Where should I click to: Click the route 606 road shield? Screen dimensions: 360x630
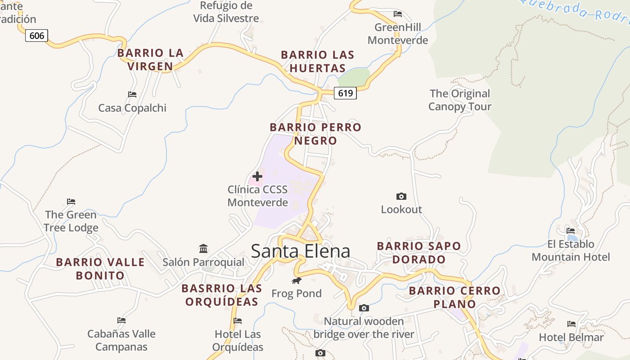[x=36, y=35]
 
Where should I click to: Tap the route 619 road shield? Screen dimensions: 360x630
[x=345, y=93]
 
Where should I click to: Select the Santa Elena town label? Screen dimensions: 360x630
[x=301, y=251]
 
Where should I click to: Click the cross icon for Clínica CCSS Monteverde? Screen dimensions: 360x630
[x=257, y=176]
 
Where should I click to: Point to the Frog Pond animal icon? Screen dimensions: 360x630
[x=296, y=281]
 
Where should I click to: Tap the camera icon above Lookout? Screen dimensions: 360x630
[x=401, y=196]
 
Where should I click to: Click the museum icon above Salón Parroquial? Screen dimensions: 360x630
[x=203, y=248]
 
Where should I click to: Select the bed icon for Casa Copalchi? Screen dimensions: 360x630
[x=132, y=94]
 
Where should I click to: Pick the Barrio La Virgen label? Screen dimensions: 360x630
[x=150, y=60]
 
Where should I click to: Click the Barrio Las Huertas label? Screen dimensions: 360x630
[x=318, y=62]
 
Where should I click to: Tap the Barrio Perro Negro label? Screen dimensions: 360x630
[x=315, y=134]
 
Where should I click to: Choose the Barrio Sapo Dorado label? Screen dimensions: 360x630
[x=419, y=252]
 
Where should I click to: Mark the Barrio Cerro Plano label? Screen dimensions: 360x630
[x=454, y=297]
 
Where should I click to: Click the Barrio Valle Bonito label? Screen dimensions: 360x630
[x=100, y=269]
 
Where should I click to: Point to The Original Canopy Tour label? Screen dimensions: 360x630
[x=459, y=100]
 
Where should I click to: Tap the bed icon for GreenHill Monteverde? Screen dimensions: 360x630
[x=397, y=14]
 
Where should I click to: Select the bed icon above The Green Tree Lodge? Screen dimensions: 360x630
[x=71, y=201]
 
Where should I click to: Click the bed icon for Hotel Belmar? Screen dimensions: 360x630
[x=571, y=324]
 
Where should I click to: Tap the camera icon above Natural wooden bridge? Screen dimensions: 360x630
[x=364, y=308]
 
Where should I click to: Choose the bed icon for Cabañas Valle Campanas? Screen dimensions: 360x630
[x=121, y=320]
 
